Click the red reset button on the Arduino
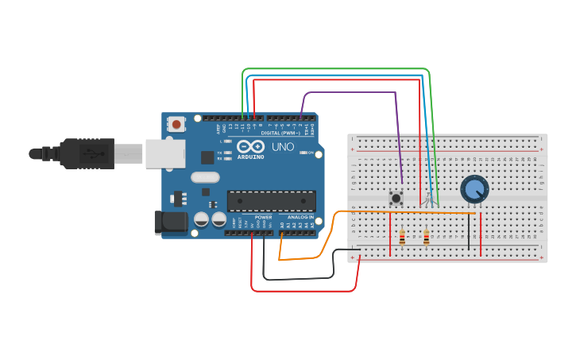(x=176, y=124)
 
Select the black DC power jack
(x=170, y=223)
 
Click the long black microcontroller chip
(x=271, y=201)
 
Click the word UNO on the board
(x=283, y=147)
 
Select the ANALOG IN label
(x=300, y=217)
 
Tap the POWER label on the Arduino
(x=263, y=217)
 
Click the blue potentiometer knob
(x=474, y=189)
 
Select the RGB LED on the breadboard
(x=430, y=198)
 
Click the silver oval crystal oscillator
(x=204, y=178)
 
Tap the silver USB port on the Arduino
(x=165, y=153)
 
